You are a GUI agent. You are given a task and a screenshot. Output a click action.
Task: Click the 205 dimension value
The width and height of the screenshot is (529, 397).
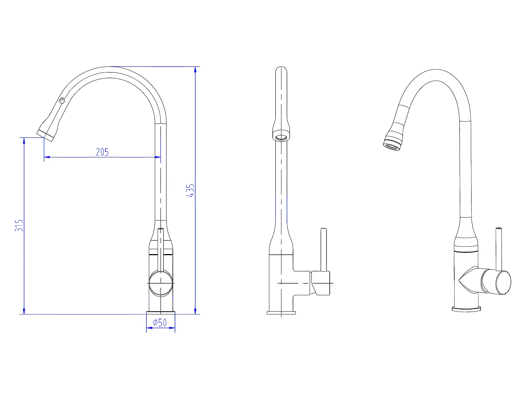click(102, 152)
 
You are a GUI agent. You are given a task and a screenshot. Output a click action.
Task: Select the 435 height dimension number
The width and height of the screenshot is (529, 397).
click(190, 191)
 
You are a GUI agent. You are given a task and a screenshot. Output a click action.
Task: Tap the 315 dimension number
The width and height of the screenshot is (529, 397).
click(19, 225)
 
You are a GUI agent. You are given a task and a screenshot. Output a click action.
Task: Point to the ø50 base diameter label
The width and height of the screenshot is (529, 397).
click(159, 323)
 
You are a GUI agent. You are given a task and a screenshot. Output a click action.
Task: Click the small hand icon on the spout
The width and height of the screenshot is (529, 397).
click(62, 100)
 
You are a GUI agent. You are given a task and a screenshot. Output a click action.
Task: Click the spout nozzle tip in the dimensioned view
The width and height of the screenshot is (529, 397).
click(45, 136)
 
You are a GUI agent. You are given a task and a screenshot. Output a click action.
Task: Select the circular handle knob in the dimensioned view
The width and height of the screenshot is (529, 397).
click(161, 283)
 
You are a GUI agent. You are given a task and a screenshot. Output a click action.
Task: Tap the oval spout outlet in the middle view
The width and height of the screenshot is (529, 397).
click(281, 138)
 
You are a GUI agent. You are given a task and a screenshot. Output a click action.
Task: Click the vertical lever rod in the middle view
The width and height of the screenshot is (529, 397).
click(323, 250)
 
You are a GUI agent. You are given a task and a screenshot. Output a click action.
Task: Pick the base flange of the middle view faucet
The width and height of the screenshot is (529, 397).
click(281, 313)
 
